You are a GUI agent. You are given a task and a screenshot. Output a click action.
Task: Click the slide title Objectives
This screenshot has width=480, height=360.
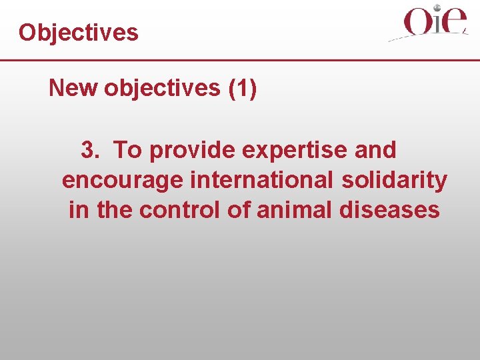click(79, 33)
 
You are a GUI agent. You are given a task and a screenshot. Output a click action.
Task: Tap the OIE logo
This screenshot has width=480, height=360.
click(430, 24)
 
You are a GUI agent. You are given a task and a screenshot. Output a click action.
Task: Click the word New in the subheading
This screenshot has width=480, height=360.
click(73, 88)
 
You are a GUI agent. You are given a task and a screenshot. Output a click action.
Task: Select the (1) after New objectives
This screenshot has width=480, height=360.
click(242, 88)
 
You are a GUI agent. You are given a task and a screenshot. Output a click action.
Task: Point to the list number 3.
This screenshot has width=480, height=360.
click(90, 151)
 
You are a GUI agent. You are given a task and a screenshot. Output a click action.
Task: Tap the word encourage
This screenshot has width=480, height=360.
click(123, 181)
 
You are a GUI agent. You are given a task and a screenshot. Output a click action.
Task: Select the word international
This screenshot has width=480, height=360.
click(263, 181)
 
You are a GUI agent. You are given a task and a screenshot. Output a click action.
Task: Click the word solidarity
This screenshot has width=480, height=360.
click(395, 181)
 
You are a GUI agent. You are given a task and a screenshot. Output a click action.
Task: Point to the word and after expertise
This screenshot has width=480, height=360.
click(375, 151)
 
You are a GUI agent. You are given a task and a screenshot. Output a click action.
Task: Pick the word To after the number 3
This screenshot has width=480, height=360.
click(128, 151)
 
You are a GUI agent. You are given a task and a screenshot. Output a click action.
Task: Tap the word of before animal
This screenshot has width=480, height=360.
click(238, 210)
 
